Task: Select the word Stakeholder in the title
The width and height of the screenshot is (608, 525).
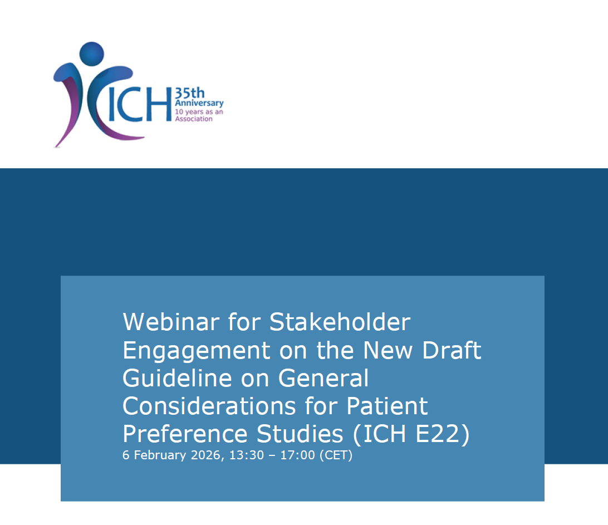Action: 340,322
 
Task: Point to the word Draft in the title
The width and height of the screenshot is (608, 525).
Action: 450,350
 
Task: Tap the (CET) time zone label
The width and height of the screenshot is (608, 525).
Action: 336,455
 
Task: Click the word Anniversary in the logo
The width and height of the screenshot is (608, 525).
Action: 199,103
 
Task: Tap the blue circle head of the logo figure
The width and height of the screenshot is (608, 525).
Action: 91,54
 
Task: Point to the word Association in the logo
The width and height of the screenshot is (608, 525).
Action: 194,119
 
